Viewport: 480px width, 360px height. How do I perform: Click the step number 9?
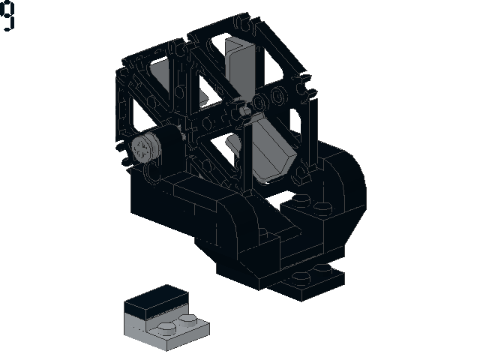click(7, 15)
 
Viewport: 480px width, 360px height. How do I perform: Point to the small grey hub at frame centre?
click(245, 111)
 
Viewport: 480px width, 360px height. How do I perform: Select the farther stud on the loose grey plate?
click(188, 320)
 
